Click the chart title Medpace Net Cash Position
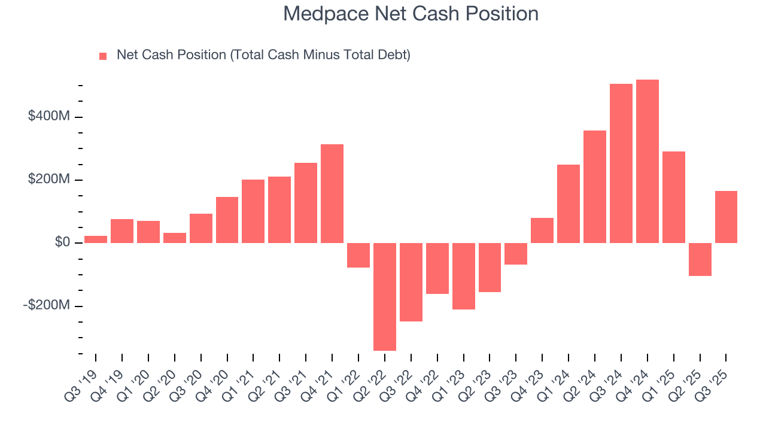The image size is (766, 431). pos(411,14)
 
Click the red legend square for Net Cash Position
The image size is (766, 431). pos(103,56)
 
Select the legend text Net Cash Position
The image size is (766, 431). pos(263,55)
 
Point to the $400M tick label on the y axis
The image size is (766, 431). pos(49,116)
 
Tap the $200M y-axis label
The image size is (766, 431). pos(49,180)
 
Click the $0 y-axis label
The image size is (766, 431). pos(62,242)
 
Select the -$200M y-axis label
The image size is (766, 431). pos(47,306)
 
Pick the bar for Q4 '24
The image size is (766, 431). pos(647,161)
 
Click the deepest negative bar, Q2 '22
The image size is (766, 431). pos(385,296)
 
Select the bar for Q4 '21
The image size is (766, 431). pos(332,193)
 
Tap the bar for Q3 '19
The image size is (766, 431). pos(96,239)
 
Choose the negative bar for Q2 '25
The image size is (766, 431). pos(700,259)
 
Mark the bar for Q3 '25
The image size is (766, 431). pos(726,217)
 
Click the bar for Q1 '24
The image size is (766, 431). pos(569,204)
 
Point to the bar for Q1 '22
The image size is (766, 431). pos(358,255)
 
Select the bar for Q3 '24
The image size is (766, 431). pos(621,163)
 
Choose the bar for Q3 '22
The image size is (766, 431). pos(411,282)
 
